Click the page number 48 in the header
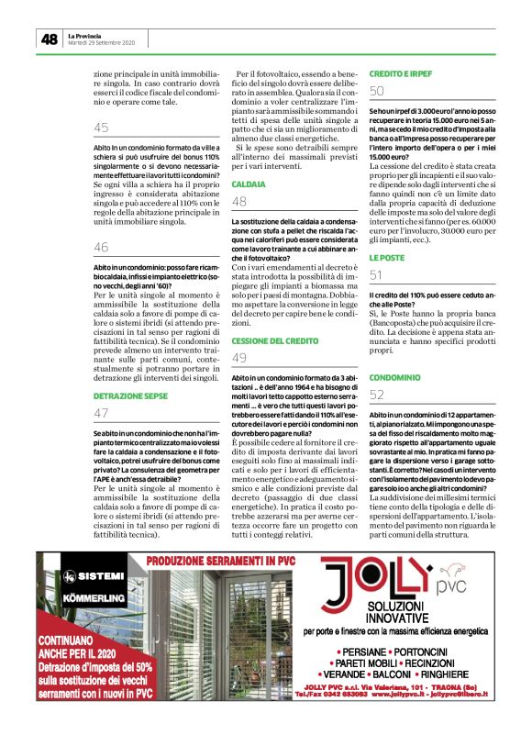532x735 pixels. (x=49, y=39)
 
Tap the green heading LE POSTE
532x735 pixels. (x=386, y=258)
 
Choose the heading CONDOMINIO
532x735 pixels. (x=394, y=377)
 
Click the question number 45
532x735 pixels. (x=101, y=128)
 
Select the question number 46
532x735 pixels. (x=101, y=247)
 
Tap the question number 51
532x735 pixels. (x=377, y=275)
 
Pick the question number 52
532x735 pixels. (x=377, y=395)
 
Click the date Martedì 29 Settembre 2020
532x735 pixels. (x=101, y=43)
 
